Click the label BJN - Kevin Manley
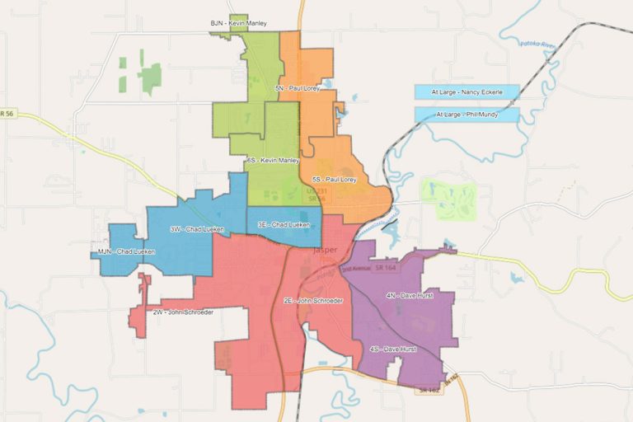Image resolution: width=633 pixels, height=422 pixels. click(238, 24)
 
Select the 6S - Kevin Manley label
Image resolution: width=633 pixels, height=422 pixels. click(272, 160)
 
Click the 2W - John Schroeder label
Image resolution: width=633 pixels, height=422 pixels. click(182, 312)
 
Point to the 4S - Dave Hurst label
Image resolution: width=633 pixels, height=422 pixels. click(393, 349)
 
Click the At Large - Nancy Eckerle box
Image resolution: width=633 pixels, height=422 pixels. click(467, 91)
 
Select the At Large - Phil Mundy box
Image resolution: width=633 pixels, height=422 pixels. click(467, 114)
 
